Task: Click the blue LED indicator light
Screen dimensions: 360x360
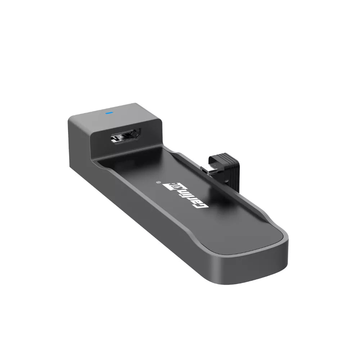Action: (109, 112)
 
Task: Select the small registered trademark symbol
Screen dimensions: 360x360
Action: (159, 182)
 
